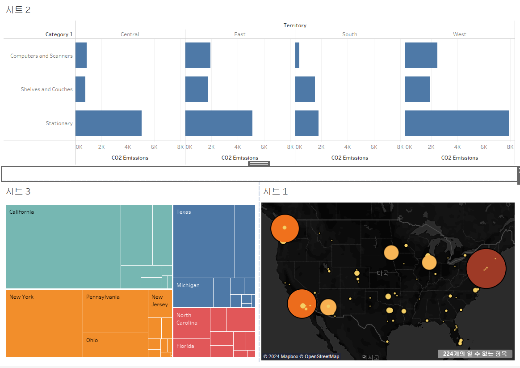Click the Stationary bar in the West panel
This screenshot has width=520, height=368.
(x=457, y=123)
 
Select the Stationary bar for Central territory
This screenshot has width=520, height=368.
(x=108, y=123)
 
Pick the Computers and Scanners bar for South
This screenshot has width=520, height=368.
(x=297, y=55)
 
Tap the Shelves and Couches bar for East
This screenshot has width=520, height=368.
(x=196, y=89)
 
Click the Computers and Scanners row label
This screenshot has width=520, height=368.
(x=41, y=56)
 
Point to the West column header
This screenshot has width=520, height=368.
(x=459, y=34)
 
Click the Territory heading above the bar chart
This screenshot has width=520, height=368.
(x=295, y=25)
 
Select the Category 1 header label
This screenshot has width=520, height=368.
(x=59, y=34)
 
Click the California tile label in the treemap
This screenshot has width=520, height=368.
(x=21, y=212)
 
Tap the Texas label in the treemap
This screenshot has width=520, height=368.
(x=184, y=212)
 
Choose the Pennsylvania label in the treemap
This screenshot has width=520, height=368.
(x=103, y=297)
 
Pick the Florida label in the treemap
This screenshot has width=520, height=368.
(x=185, y=346)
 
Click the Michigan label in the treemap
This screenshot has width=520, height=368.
(x=188, y=285)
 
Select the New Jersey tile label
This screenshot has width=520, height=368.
(x=159, y=300)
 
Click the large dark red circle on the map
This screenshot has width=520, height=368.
(x=486, y=268)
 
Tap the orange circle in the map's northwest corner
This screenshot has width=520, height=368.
(x=285, y=228)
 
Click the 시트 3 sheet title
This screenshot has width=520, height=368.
(x=18, y=191)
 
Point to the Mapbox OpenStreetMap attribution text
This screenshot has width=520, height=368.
(x=301, y=356)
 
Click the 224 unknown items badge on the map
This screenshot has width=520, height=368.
(x=474, y=354)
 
